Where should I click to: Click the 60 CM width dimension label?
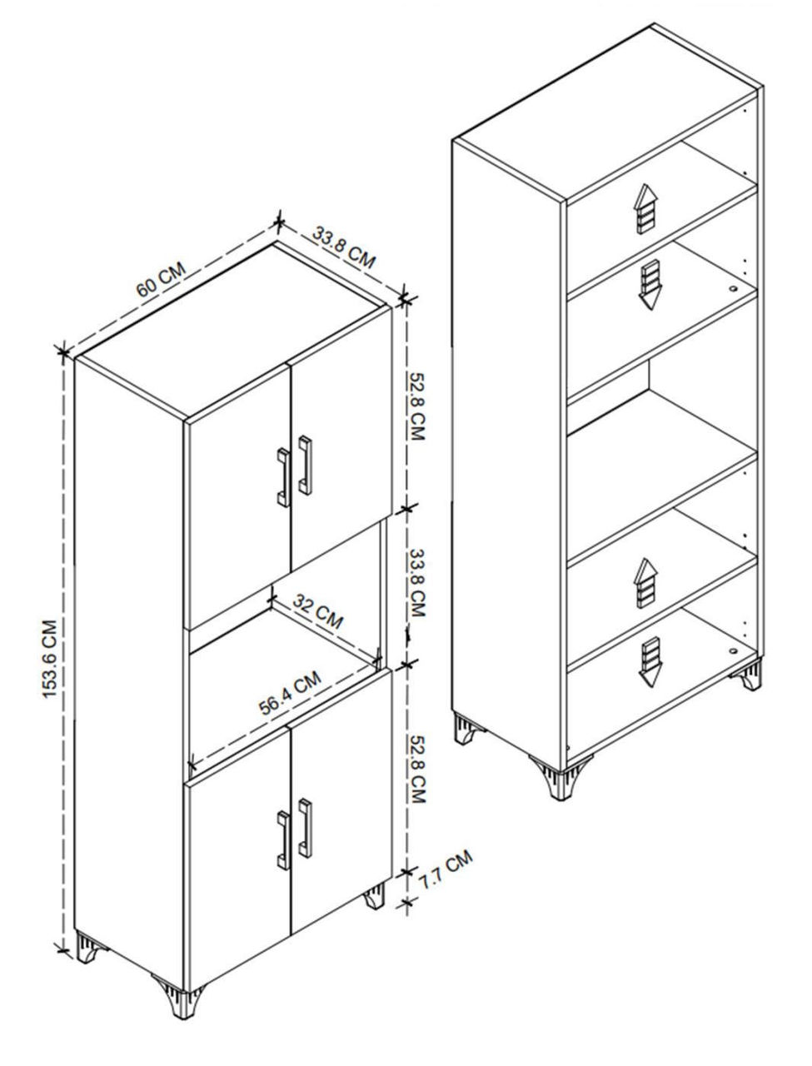pos(161,280)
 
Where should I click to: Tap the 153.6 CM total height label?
pos(50,659)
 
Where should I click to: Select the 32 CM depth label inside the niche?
pos(318,611)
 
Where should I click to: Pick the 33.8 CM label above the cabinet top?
pos(344,247)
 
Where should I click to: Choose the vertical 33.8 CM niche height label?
pos(417,583)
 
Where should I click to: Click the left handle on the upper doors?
pos(284,477)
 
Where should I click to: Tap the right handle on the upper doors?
pos(305,466)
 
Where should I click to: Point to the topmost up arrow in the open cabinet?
pos(645,209)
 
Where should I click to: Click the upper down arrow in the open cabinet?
pos(650,285)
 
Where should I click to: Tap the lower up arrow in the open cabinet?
pos(645,583)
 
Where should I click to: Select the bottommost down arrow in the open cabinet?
pos(650,661)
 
